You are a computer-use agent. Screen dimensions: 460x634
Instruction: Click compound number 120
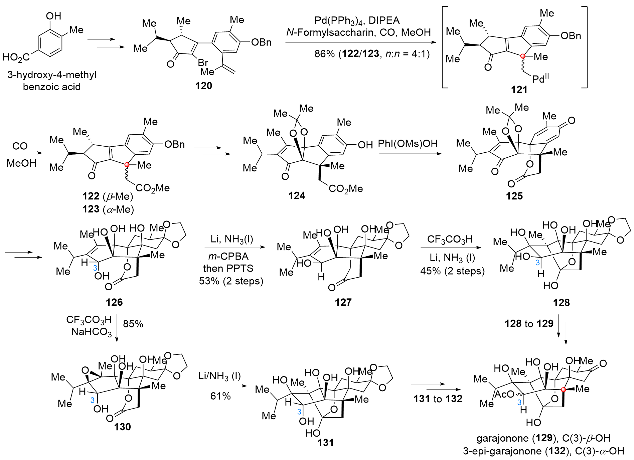coord(203,86)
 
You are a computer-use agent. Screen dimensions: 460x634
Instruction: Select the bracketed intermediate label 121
coord(519,89)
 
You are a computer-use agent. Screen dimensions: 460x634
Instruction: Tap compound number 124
coord(297,195)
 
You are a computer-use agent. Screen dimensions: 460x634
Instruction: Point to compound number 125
coord(514,196)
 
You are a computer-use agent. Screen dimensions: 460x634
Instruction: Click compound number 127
coord(343,302)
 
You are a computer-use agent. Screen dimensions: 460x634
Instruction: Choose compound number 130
coord(122,427)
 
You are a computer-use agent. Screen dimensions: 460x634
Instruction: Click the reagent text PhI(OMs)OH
coord(408,144)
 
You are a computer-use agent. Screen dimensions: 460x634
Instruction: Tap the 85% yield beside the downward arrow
coord(133,324)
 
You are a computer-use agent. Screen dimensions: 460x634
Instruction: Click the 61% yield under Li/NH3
coord(220,396)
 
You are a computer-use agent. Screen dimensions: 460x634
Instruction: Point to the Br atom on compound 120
coord(203,62)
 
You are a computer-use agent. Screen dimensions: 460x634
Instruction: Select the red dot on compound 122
coord(127,165)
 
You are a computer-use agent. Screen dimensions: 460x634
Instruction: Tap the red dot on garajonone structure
coord(564,390)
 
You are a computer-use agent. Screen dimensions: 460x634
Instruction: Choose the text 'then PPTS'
coord(228,268)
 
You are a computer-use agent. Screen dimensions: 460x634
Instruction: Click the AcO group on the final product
coord(504,394)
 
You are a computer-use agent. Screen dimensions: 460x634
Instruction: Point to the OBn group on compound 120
coord(261,42)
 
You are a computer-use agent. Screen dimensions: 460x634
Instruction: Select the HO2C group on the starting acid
coord(16,57)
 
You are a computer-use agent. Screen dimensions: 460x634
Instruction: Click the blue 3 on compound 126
coord(95,268)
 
